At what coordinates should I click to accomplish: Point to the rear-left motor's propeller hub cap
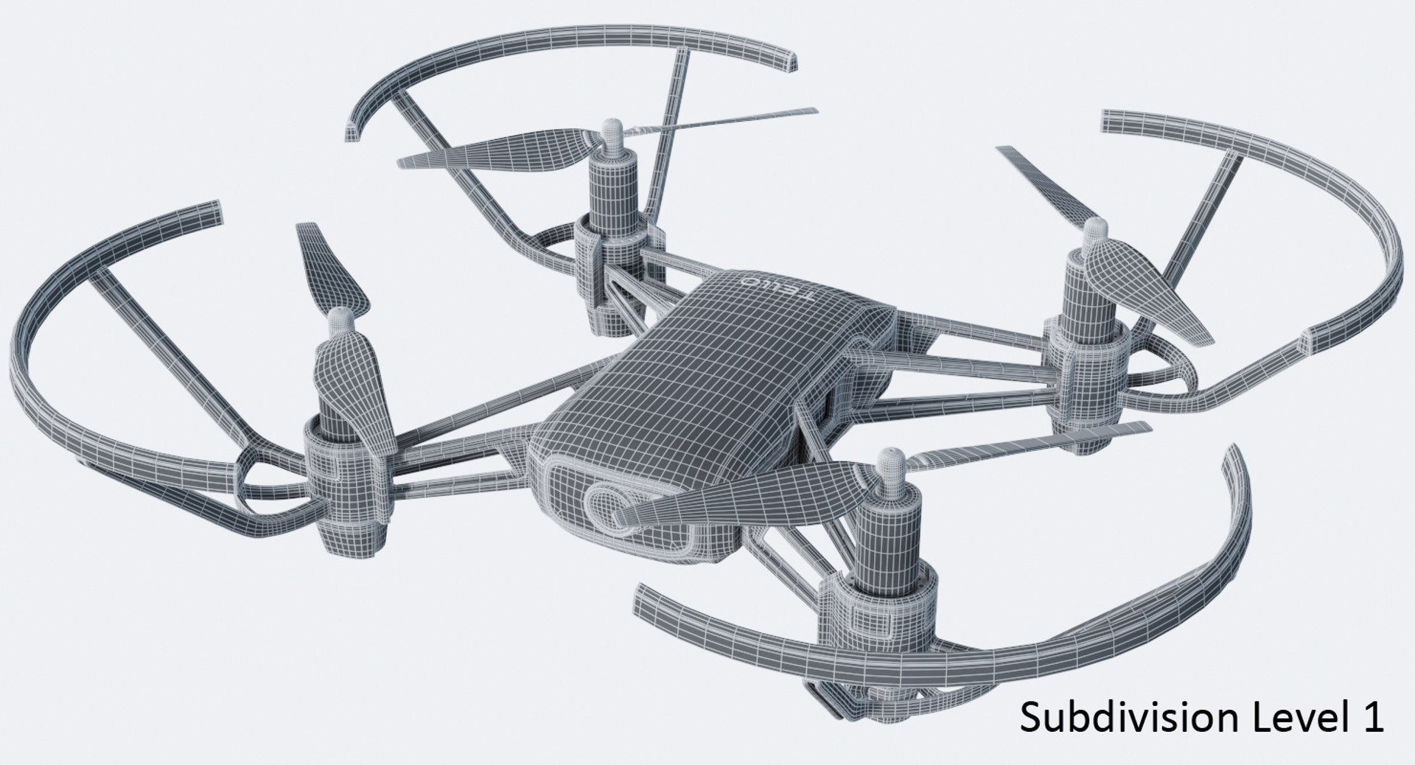pyautogui.click(x=611, y=132)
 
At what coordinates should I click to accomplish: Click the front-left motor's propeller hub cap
pyautogui.click(x=340, y=319)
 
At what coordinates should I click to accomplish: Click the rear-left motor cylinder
pyautogui.click(x=613, y=192)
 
